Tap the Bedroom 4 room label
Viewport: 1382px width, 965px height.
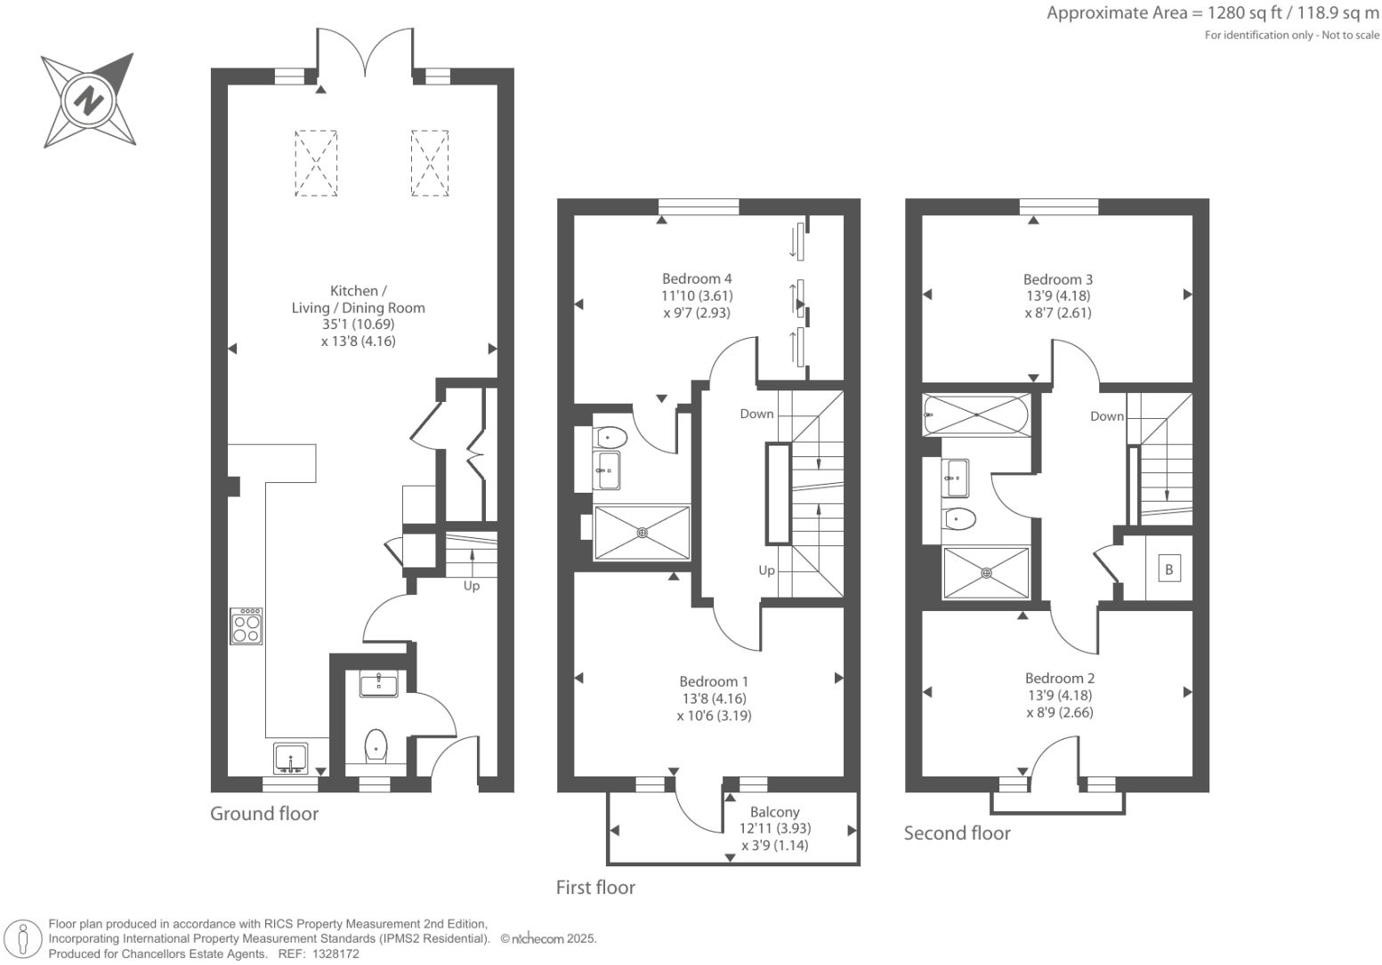(697, 278)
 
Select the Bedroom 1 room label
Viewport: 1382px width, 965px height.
(714, 681)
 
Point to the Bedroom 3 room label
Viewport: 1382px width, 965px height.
(1058, 279)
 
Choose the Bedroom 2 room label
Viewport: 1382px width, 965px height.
(1060, 679)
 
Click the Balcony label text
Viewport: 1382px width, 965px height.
(774, 812)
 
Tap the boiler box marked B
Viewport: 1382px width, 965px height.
(1169, 569)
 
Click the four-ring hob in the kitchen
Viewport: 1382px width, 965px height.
(246, 626)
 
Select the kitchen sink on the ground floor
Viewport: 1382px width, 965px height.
(291, 759)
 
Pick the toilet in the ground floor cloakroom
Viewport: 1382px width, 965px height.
(376, 746)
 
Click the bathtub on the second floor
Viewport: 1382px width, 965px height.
(976, 414)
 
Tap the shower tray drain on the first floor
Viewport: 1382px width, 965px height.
(642, 533)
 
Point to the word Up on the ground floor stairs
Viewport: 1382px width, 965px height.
(471, 586)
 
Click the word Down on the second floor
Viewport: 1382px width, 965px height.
(1107, 416)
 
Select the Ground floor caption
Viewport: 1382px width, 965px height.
(264, 814)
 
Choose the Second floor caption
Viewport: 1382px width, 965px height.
(957, 833)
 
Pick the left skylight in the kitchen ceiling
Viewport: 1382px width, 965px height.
(316, 163)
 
